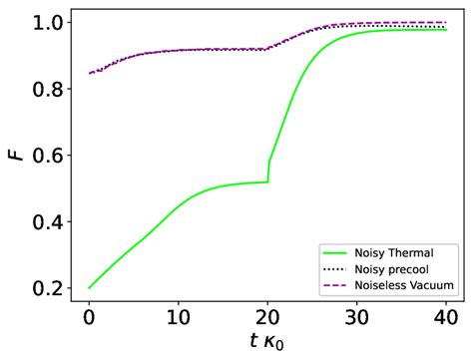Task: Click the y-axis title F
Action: click(14, 156)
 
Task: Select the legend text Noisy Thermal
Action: click(400, 251)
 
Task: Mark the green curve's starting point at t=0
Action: click(89, 287)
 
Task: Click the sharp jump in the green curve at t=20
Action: click(268, 171)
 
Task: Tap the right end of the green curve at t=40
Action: click(446, 30)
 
